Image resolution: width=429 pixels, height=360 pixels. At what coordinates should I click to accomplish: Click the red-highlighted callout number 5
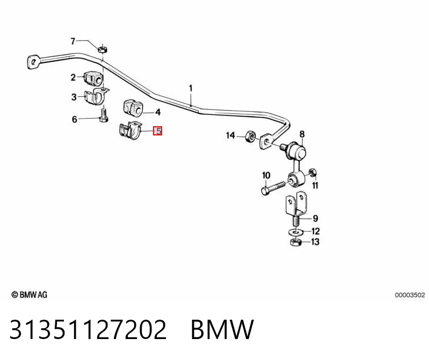[x=158, y=131]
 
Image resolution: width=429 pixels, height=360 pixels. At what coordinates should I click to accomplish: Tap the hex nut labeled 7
[x=103, y=49]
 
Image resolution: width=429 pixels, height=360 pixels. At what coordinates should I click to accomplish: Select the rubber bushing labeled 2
[x=93, y=78]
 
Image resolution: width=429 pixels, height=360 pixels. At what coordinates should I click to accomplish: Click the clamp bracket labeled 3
[x=96, y=96]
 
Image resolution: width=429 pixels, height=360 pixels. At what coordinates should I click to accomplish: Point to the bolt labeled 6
[x=104, y=116]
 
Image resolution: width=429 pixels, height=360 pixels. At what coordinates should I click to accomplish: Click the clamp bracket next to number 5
[x=130, y=131]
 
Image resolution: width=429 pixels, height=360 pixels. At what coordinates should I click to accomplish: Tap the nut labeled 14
[x=250, y=136]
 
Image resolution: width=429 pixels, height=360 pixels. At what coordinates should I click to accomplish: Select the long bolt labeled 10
[x=273, y=188]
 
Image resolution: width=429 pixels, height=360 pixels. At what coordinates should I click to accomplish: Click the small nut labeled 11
[x=312, y=173]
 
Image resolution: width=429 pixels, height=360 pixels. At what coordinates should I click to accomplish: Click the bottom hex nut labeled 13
[x=295, y=242]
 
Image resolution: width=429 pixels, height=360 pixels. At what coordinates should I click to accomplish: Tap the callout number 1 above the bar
[x=191, y=89]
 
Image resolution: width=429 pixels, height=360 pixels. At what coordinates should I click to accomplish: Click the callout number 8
[x=302, y=134]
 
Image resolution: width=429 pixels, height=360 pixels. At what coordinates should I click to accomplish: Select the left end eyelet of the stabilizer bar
[x=34, y=62]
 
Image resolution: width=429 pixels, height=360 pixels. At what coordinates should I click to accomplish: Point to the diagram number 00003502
[x=410, y=295]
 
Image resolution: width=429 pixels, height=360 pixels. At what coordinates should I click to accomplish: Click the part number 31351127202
[x=88, y=329]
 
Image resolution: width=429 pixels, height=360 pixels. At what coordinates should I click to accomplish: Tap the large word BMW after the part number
[x=222, y=329]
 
